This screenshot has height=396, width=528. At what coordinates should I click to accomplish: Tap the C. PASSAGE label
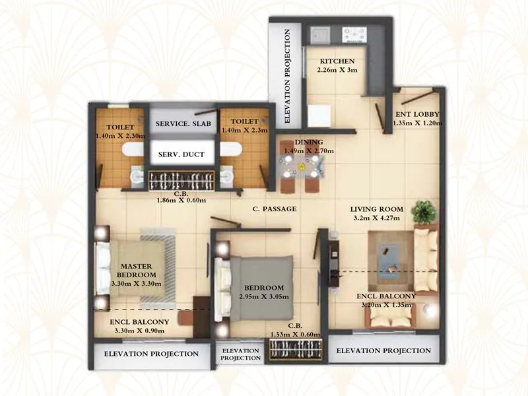click(275, 209)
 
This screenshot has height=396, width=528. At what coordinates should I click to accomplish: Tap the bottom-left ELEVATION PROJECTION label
click(152, 354)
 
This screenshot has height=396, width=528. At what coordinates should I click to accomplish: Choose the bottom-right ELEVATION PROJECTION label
click(383, 350)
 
